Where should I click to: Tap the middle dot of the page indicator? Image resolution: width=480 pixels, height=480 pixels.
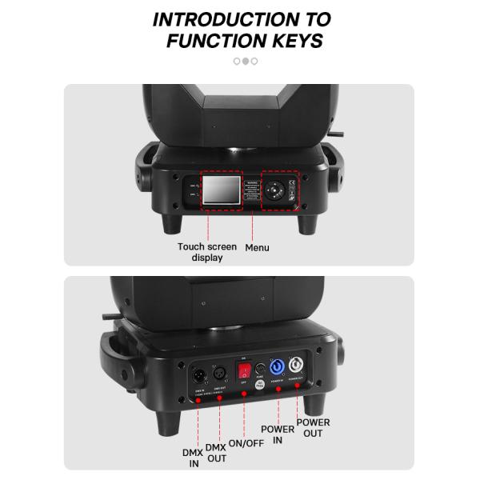246,61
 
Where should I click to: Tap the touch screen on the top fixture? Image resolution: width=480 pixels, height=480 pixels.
221,192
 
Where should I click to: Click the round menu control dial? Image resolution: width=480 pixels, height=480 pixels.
276,192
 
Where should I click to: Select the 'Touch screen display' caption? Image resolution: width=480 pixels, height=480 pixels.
207,252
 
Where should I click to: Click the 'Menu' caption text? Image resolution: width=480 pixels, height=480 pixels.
257,248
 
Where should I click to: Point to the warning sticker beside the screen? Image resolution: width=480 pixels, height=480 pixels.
251,193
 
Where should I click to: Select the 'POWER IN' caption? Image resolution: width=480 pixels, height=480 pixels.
278,434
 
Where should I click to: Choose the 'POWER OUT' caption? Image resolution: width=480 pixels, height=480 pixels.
313,427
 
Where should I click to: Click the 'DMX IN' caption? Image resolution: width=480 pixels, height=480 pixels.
191,458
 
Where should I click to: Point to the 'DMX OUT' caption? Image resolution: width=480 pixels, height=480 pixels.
216,453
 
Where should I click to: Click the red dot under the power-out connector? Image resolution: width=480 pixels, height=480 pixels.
298,386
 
